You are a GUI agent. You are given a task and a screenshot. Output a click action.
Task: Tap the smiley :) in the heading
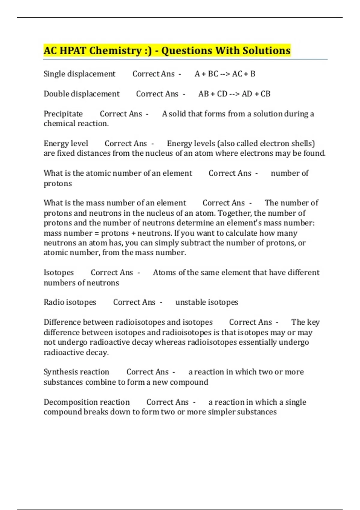(148, 50)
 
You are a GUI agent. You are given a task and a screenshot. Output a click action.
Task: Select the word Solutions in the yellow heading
(266, 50)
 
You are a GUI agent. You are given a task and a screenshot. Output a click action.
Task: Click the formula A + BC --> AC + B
(225, 74)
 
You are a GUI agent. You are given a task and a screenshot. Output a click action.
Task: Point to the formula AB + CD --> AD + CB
(234, 94)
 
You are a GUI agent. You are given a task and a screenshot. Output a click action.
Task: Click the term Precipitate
(63, 114)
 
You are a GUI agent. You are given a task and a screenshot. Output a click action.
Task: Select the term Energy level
(66, 143)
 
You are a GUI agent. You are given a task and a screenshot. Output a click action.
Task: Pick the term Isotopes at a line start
(58, 272)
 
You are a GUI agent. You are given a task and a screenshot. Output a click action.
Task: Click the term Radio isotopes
(70, 302)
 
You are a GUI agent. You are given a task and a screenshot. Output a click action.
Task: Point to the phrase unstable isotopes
(206, 302)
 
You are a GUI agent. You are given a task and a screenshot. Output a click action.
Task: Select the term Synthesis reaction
(76, 372)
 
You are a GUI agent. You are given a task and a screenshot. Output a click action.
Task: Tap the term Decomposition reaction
(86, 402)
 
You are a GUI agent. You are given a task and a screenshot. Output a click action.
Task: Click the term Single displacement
(79, 74)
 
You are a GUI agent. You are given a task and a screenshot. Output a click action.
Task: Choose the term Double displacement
(81, 94)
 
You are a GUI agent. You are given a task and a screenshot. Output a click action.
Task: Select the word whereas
(170, 342)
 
